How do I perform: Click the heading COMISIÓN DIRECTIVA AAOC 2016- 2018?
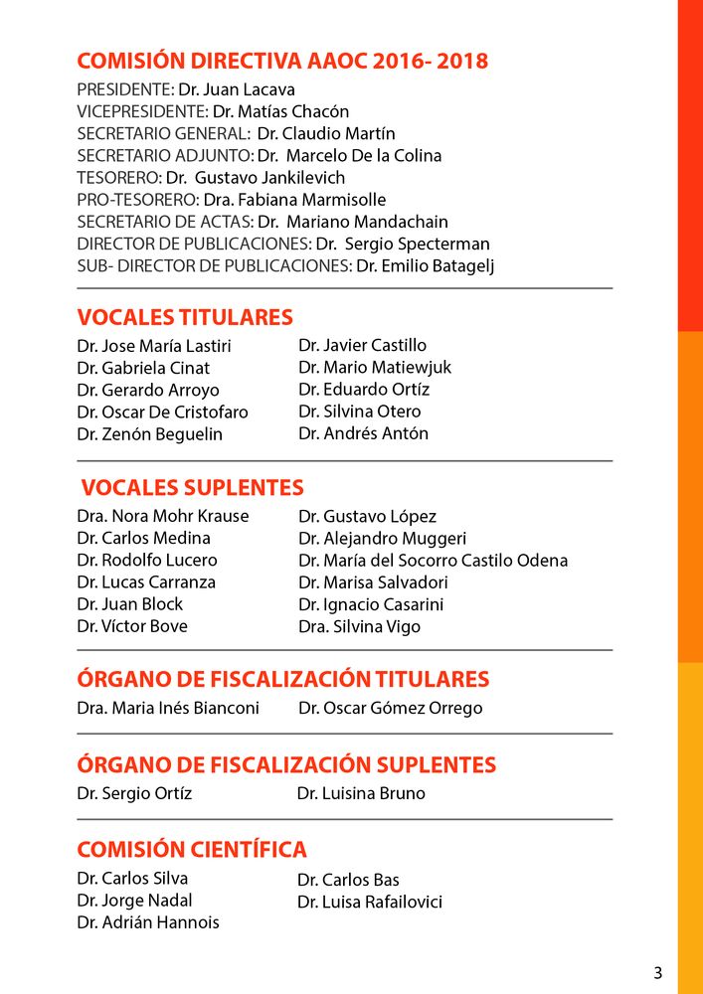coord(282,61)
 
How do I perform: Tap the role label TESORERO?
coord(119,177)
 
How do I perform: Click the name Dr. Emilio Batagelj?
coord(426,265)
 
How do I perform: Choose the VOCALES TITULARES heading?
coord(185,317)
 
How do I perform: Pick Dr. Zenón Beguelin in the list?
coord(149,434)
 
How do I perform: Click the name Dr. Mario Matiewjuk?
coord(375,367)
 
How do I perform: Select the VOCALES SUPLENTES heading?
coord(192,488)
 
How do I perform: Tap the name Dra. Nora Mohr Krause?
coord(163,516)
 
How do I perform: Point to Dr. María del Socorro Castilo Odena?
coord(433,561)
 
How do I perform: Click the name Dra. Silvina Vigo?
coord(359,626)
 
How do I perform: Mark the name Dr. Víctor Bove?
coord(132,626)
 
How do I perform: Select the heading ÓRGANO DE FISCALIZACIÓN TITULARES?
coord(283,680)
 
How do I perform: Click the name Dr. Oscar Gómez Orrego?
coord(390,708)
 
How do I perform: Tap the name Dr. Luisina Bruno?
coord(361,793)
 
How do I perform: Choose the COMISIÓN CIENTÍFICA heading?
coord(192,850)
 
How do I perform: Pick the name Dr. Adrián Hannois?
coord(148,921)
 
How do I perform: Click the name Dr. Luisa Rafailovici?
coord(369,903)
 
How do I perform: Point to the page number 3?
coord(657,973)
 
